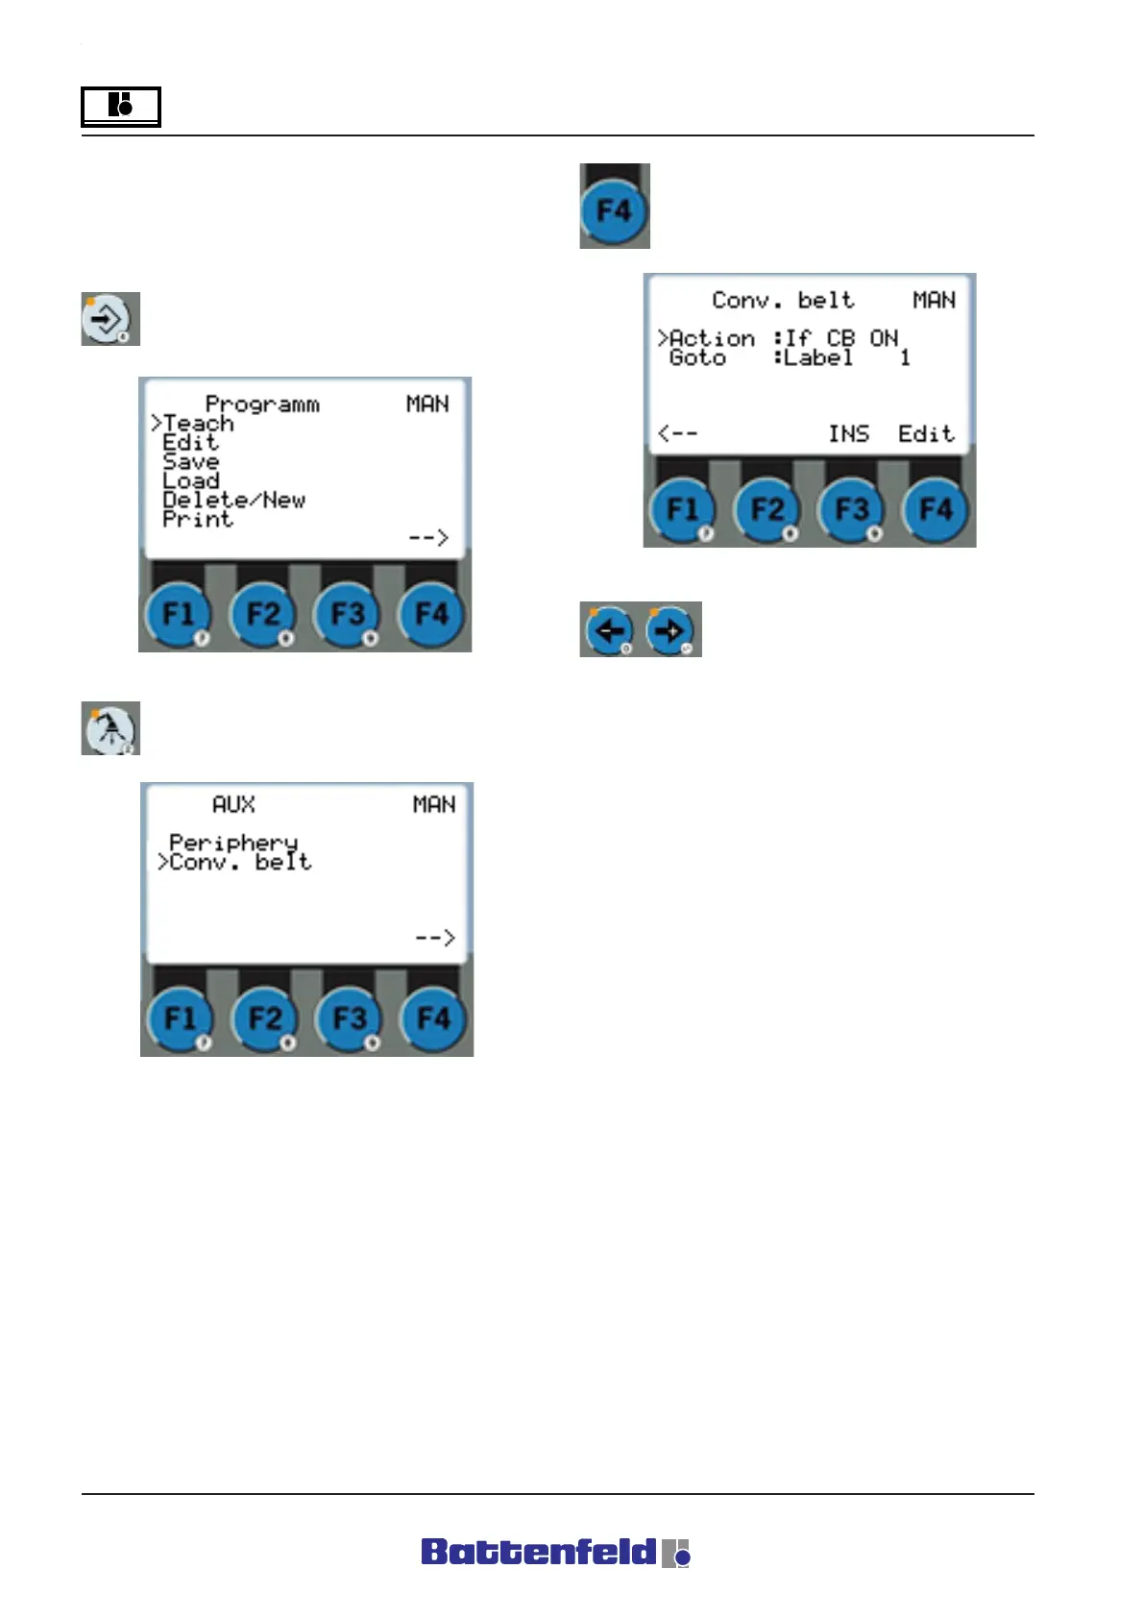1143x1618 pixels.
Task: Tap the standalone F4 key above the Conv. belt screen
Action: pos(615,209)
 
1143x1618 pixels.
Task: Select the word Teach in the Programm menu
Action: pos(199,423)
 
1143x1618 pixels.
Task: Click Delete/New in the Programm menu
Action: pos(233,500)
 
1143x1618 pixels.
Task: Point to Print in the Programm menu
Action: pos(198,519)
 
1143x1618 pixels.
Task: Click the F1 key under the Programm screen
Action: pos(179,614)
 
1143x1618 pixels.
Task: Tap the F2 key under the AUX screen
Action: pos(264,1018)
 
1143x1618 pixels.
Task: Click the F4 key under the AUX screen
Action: pos(433,1018)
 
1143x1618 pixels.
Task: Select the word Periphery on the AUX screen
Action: pos(233,842)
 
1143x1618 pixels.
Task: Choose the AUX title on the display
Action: pos(233,804)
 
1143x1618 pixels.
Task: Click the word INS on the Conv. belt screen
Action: pos(849,434)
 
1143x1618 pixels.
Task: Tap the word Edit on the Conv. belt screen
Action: pos(926,434)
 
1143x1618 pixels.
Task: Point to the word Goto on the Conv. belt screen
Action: pos(697,357)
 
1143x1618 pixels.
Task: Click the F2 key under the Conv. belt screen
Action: pos(767,509)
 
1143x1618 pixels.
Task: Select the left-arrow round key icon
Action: pos(610,630)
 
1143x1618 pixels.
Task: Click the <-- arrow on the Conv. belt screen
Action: pos(678,434)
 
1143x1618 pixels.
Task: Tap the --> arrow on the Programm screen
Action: pos(428,538)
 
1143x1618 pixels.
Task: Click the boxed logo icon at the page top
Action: pos(120,106)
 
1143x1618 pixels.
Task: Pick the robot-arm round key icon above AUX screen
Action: pos(110,728)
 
